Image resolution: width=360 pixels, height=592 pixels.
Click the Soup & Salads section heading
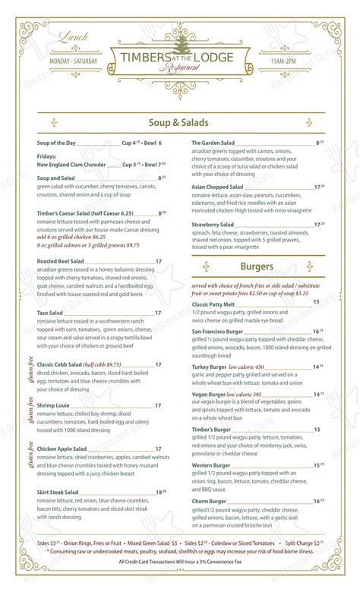(179, 123)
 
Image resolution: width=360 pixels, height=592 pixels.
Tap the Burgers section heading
(256, 266)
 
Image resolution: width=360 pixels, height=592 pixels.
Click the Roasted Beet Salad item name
(62, 260)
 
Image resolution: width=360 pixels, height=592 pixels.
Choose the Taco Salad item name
(49, 313)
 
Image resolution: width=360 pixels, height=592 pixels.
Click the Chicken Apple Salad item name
(62, 449)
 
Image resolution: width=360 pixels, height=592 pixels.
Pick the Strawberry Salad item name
(213, 225)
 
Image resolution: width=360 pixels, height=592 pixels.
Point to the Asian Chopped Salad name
(217, 186)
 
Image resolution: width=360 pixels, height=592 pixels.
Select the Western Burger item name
(212, 465)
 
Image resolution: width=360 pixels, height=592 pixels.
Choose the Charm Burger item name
(209, 501)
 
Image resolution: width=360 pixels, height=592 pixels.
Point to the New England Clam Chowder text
(71, 165)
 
